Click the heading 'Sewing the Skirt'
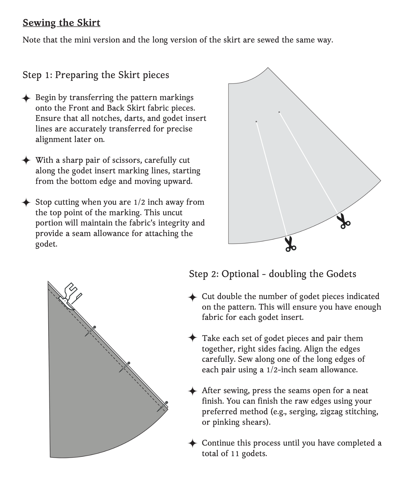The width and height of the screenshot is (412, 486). click(x=62, y=23)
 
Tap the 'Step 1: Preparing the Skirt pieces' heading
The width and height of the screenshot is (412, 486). click(x=96, y=75)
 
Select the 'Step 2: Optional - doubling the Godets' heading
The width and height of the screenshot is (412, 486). click(x=272, y=274)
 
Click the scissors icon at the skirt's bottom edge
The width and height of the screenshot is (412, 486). click(x=290, y=244)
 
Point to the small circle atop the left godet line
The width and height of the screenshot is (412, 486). click(x=256, y=122)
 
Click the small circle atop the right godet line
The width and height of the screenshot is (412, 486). click(x=279, y=112)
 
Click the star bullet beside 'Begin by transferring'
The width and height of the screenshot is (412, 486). click(x=26, y=98)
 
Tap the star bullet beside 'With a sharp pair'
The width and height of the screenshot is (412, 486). click(x=26, y=160)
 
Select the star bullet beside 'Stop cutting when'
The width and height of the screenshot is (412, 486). click(x=26, y=202)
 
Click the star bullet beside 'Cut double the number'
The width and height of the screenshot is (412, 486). click(x=192, y=297)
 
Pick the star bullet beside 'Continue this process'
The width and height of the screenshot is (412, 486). click(x=192, y=443)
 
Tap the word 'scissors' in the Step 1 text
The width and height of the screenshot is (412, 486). click(x=128, y=160)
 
